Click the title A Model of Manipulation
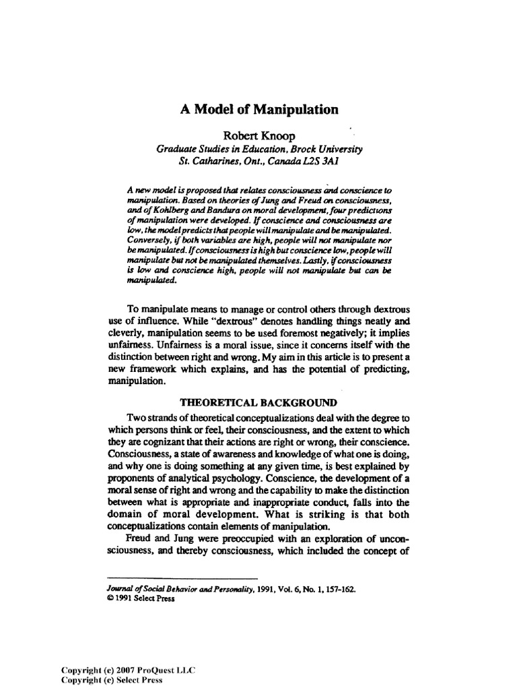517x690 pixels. pos(258,109)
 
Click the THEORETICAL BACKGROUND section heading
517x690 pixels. pos(258,403)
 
